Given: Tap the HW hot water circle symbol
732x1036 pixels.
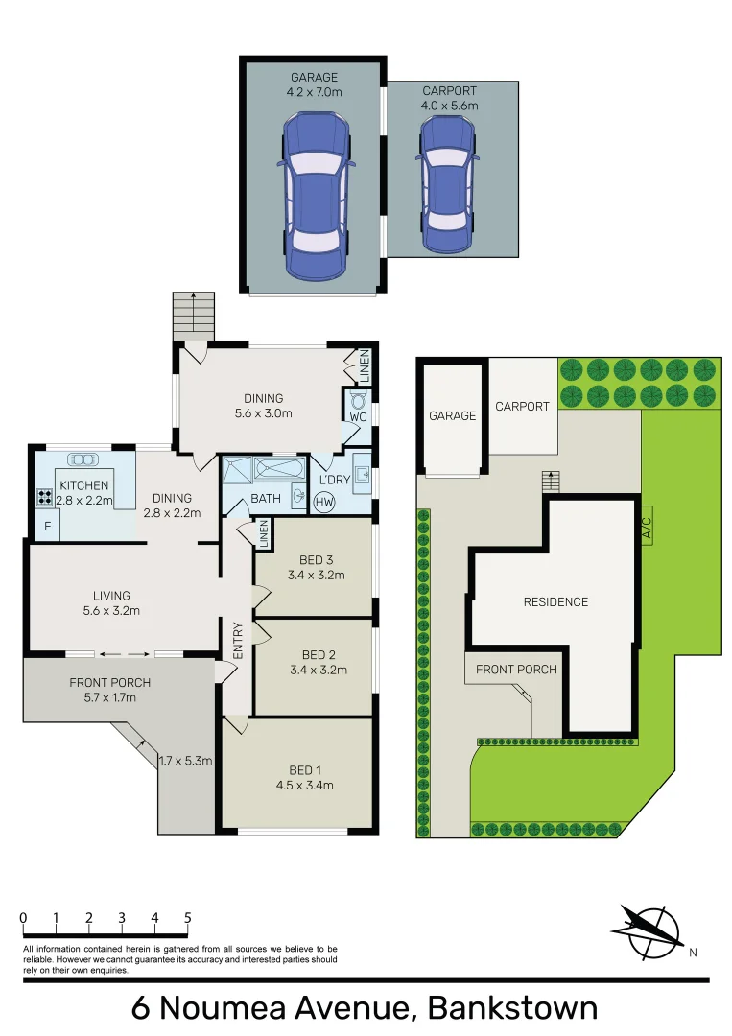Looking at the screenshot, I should coord(324,502).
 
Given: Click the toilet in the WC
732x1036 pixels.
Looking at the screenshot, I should coord(358,401).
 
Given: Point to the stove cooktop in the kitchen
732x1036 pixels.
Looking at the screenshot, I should coord(44,497).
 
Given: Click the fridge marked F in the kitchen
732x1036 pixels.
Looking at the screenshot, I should coord(45,525).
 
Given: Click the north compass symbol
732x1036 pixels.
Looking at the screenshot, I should coord(647,930).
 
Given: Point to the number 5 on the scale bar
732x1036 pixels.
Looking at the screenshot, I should coord(187,918).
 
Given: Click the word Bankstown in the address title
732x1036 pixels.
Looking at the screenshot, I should coord(512,1008).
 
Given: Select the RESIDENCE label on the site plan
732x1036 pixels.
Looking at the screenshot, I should coord(555,602).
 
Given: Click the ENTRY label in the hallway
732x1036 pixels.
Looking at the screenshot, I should coord(238,641).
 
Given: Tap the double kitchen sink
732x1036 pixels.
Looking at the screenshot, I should coord(77,459).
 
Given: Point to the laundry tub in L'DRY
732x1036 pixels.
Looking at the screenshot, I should coord(363,472).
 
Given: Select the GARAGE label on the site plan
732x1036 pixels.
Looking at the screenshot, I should coord(452,415).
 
